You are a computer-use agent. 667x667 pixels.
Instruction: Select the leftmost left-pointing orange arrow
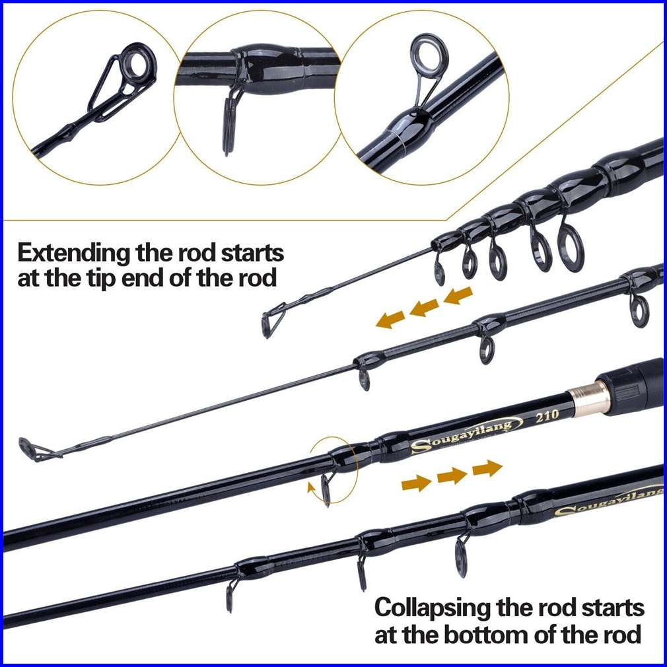(x=390, y=319)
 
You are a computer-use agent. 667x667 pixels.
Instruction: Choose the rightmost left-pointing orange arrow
(x=458, y=295)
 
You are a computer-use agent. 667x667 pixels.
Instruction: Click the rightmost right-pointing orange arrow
(x=487, y=468)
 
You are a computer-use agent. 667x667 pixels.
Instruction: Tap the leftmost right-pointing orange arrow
(x=416, y=483)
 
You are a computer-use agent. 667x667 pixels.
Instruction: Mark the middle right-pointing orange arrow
(x=452, y=475)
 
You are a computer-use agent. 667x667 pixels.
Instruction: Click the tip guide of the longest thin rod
(x=32, y=448)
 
